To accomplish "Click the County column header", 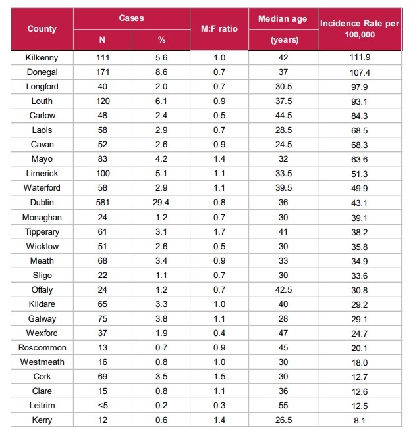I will [42, 29].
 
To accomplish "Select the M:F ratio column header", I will [219, 29].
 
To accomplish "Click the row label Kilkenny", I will [42, 58].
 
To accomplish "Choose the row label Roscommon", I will [42, 347].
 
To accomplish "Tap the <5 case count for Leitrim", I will [102, 405].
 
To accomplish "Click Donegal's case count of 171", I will [102, 72].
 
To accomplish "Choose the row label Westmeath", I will [42, 362].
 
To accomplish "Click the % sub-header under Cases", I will [161, 40].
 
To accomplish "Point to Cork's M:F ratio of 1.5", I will [219, 376].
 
